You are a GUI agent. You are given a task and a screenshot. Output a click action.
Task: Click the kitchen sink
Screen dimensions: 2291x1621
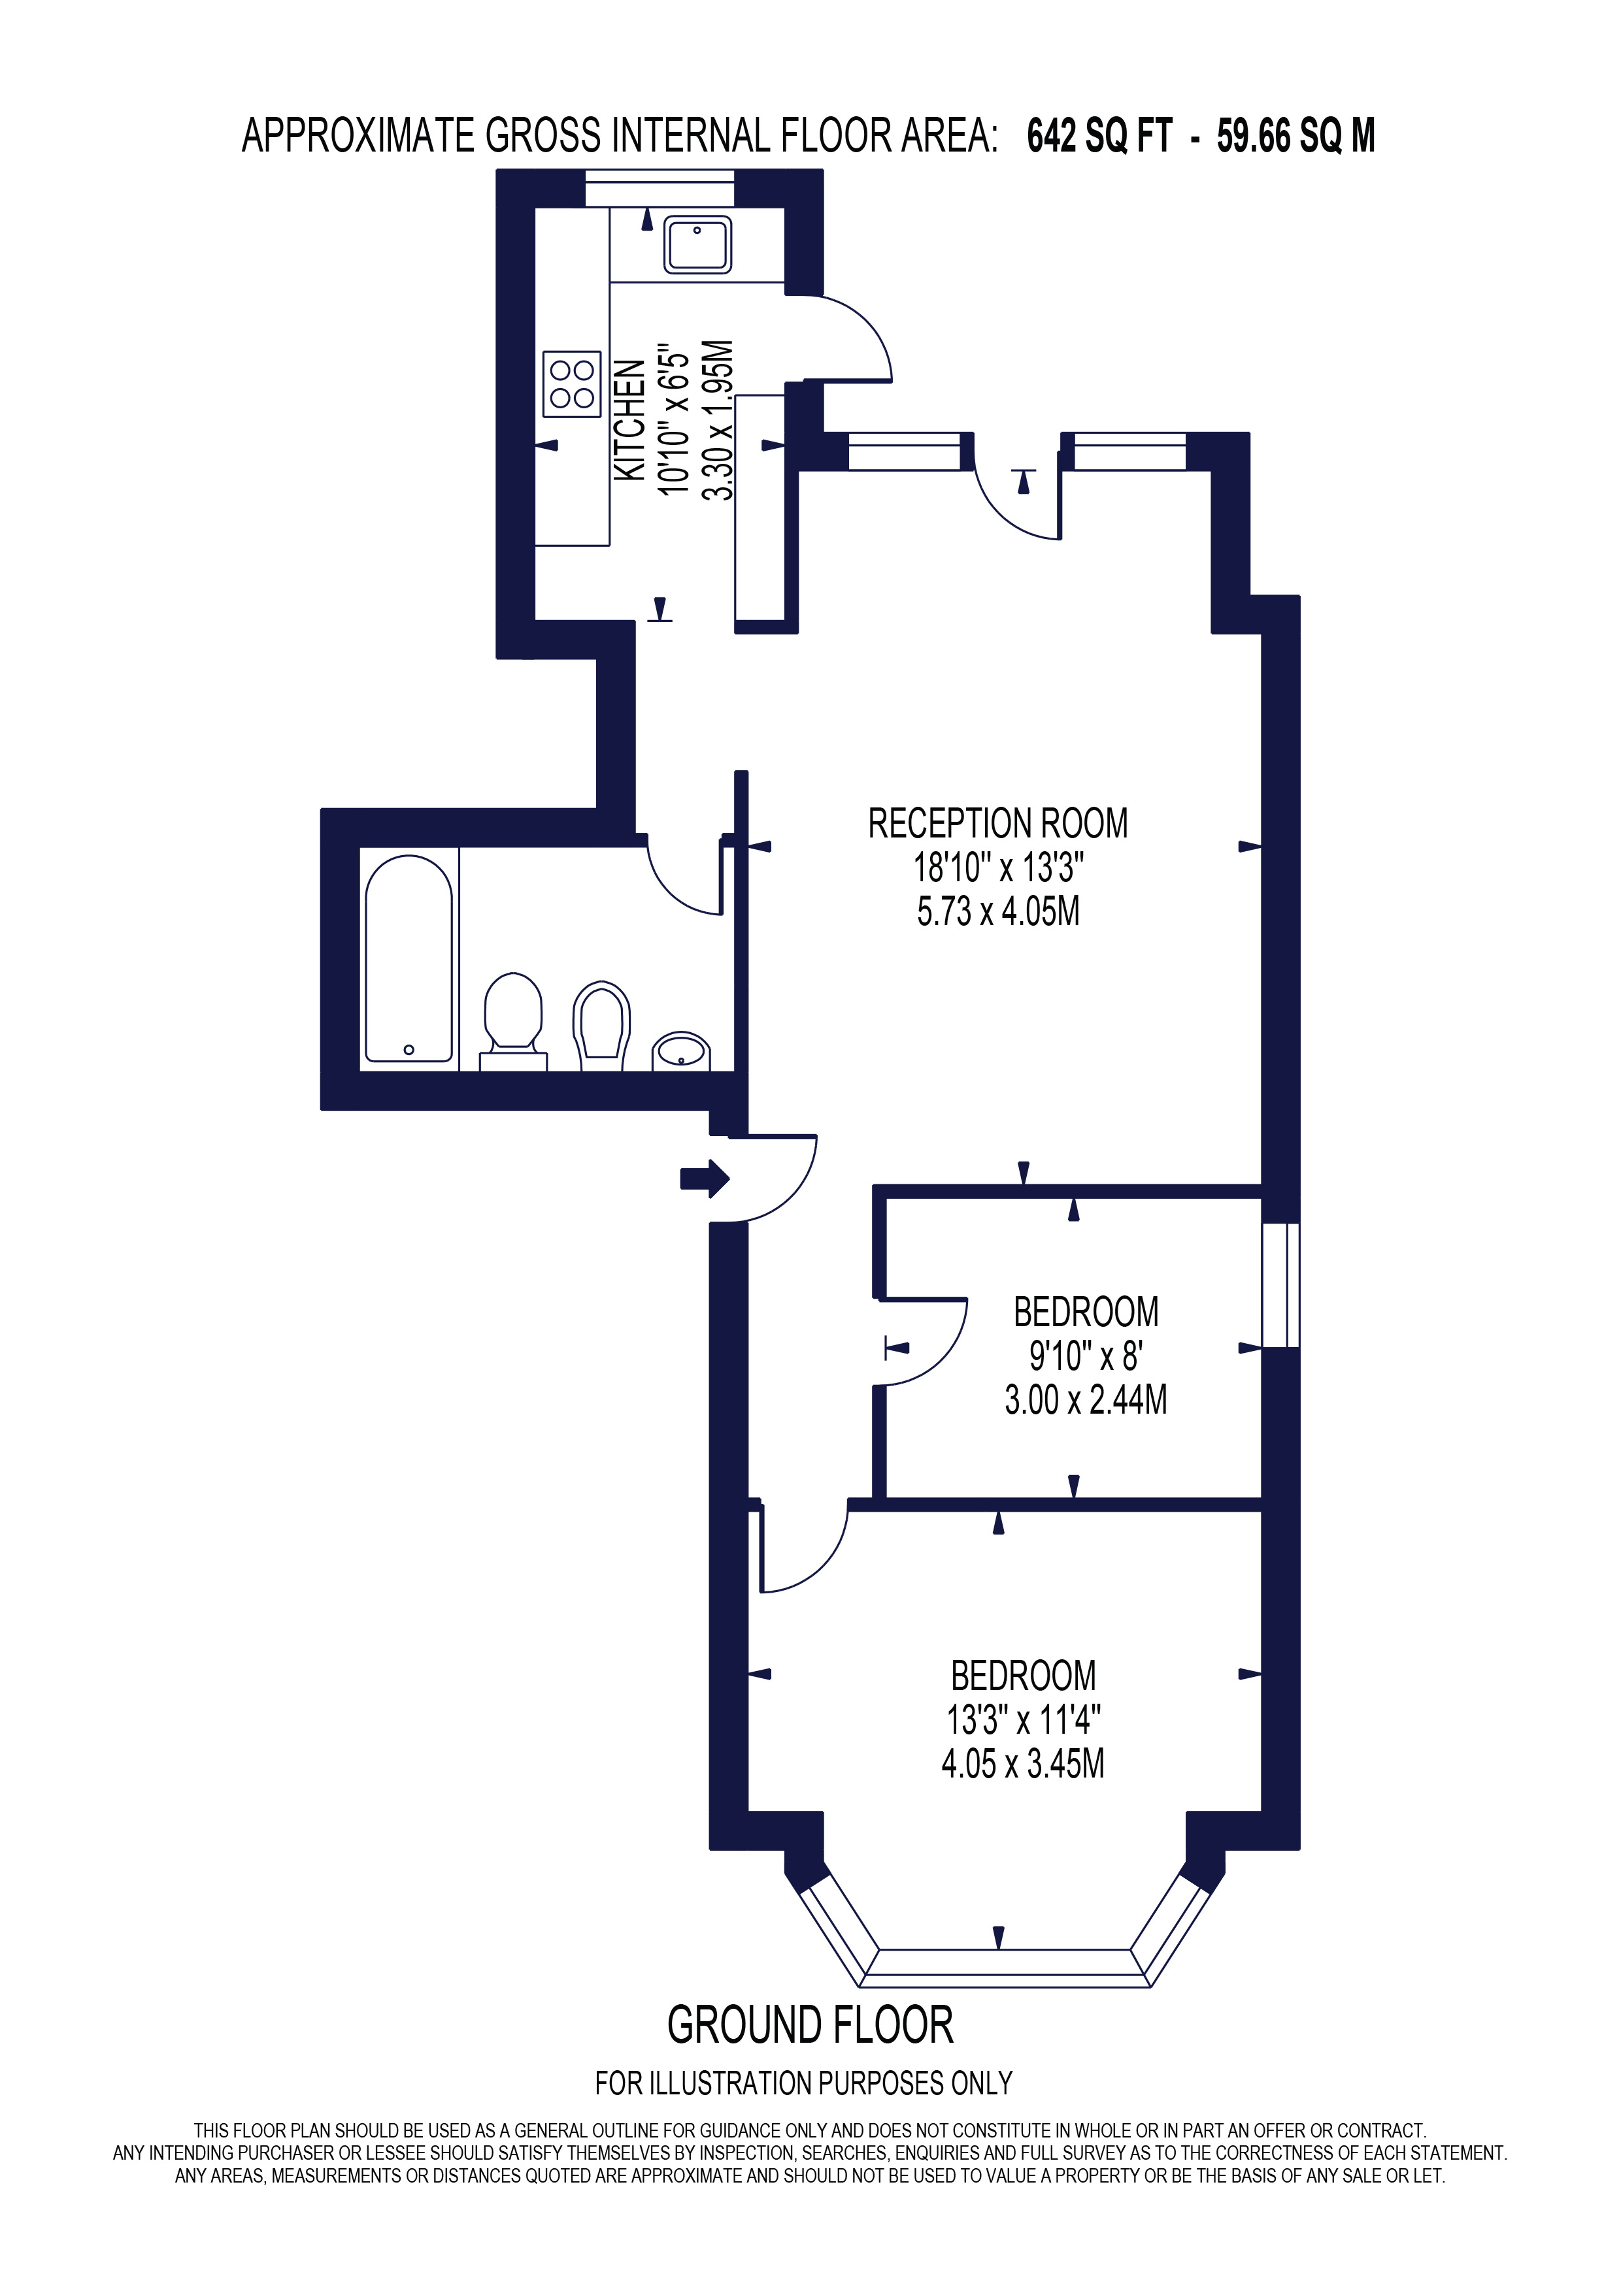click(x=697, y=244)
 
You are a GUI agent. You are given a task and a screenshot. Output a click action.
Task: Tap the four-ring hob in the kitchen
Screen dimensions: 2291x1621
click(x=572, y=384)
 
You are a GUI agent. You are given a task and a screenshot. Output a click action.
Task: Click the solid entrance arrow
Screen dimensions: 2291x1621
click(x=705, y=1178)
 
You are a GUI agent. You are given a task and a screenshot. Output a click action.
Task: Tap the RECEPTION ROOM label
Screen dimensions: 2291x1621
click(x=997, y=824)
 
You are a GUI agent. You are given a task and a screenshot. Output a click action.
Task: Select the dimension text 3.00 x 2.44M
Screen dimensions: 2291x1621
click(x=1085, y=1400)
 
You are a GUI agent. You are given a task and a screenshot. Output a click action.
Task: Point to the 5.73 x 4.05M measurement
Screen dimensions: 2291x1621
click(x=997, y=912)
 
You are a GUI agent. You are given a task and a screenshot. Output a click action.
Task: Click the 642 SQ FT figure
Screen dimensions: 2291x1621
click(x=1099, y=137)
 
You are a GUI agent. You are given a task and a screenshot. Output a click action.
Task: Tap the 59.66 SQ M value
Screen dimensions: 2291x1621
click(x=1295, y=137)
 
